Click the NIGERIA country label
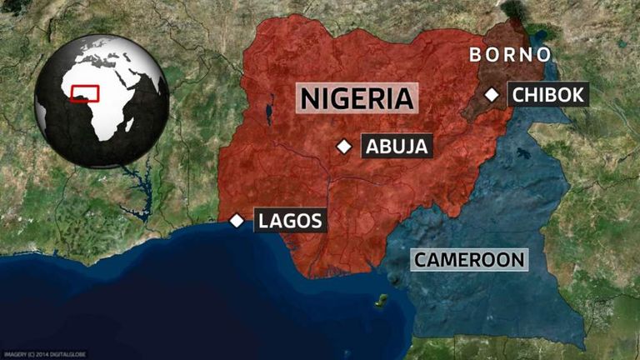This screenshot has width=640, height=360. point(357,98)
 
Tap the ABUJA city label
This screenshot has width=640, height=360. point(397,147)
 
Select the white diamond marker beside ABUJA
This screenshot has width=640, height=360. point(343,147)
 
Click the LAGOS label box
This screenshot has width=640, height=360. point(289,221)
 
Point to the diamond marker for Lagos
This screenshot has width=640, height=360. point(237,221)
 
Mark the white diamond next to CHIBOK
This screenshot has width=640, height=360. point(492,95)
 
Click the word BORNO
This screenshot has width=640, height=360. point(510,55)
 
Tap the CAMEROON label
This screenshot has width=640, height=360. point(469,259)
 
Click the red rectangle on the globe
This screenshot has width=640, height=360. point(85,92)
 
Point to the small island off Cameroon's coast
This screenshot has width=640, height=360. point(381,299)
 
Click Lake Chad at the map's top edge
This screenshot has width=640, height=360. point(515,11)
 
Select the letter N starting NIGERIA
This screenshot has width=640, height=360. point(309,98)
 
